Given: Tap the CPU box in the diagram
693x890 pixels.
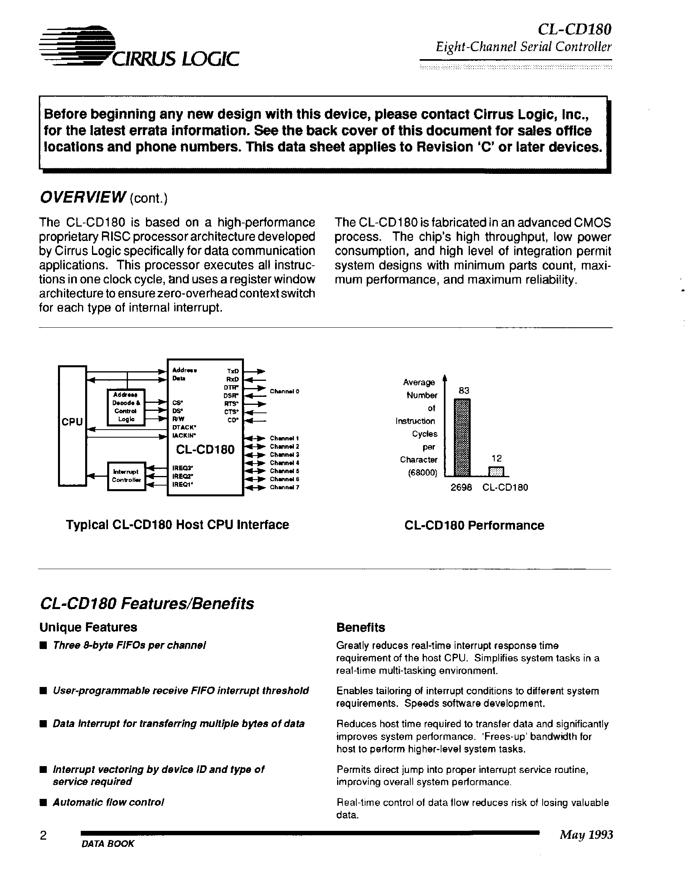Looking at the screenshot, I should tap(72, 426).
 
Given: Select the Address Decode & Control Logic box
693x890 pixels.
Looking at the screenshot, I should tap(126, 407).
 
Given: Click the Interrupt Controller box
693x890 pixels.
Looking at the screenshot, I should tap(126, 476).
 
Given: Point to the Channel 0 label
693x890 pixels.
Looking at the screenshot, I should tap(285, 391).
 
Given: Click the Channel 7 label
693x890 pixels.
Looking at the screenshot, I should tap(285, 488).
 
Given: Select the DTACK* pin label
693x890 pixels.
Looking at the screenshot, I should tap(184, 428).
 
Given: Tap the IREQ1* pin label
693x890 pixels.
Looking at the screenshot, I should tap(183, 484).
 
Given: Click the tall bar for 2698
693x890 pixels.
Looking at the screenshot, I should tap(462, 437).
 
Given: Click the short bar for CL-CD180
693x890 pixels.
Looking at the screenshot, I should tap(496, 472).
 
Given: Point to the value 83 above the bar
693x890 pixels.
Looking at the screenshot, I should tap(464, 390).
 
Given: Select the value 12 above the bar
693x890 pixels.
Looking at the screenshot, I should tap(496, 458).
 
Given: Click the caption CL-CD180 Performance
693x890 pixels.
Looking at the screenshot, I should tap(474, 525).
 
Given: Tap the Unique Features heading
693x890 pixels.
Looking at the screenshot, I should tap(88, 627).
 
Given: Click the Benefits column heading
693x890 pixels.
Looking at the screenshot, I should tap(360, 627).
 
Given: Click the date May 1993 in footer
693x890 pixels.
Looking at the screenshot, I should tap(586, 835).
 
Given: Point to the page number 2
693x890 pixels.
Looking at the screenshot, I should tap(43, 836).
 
